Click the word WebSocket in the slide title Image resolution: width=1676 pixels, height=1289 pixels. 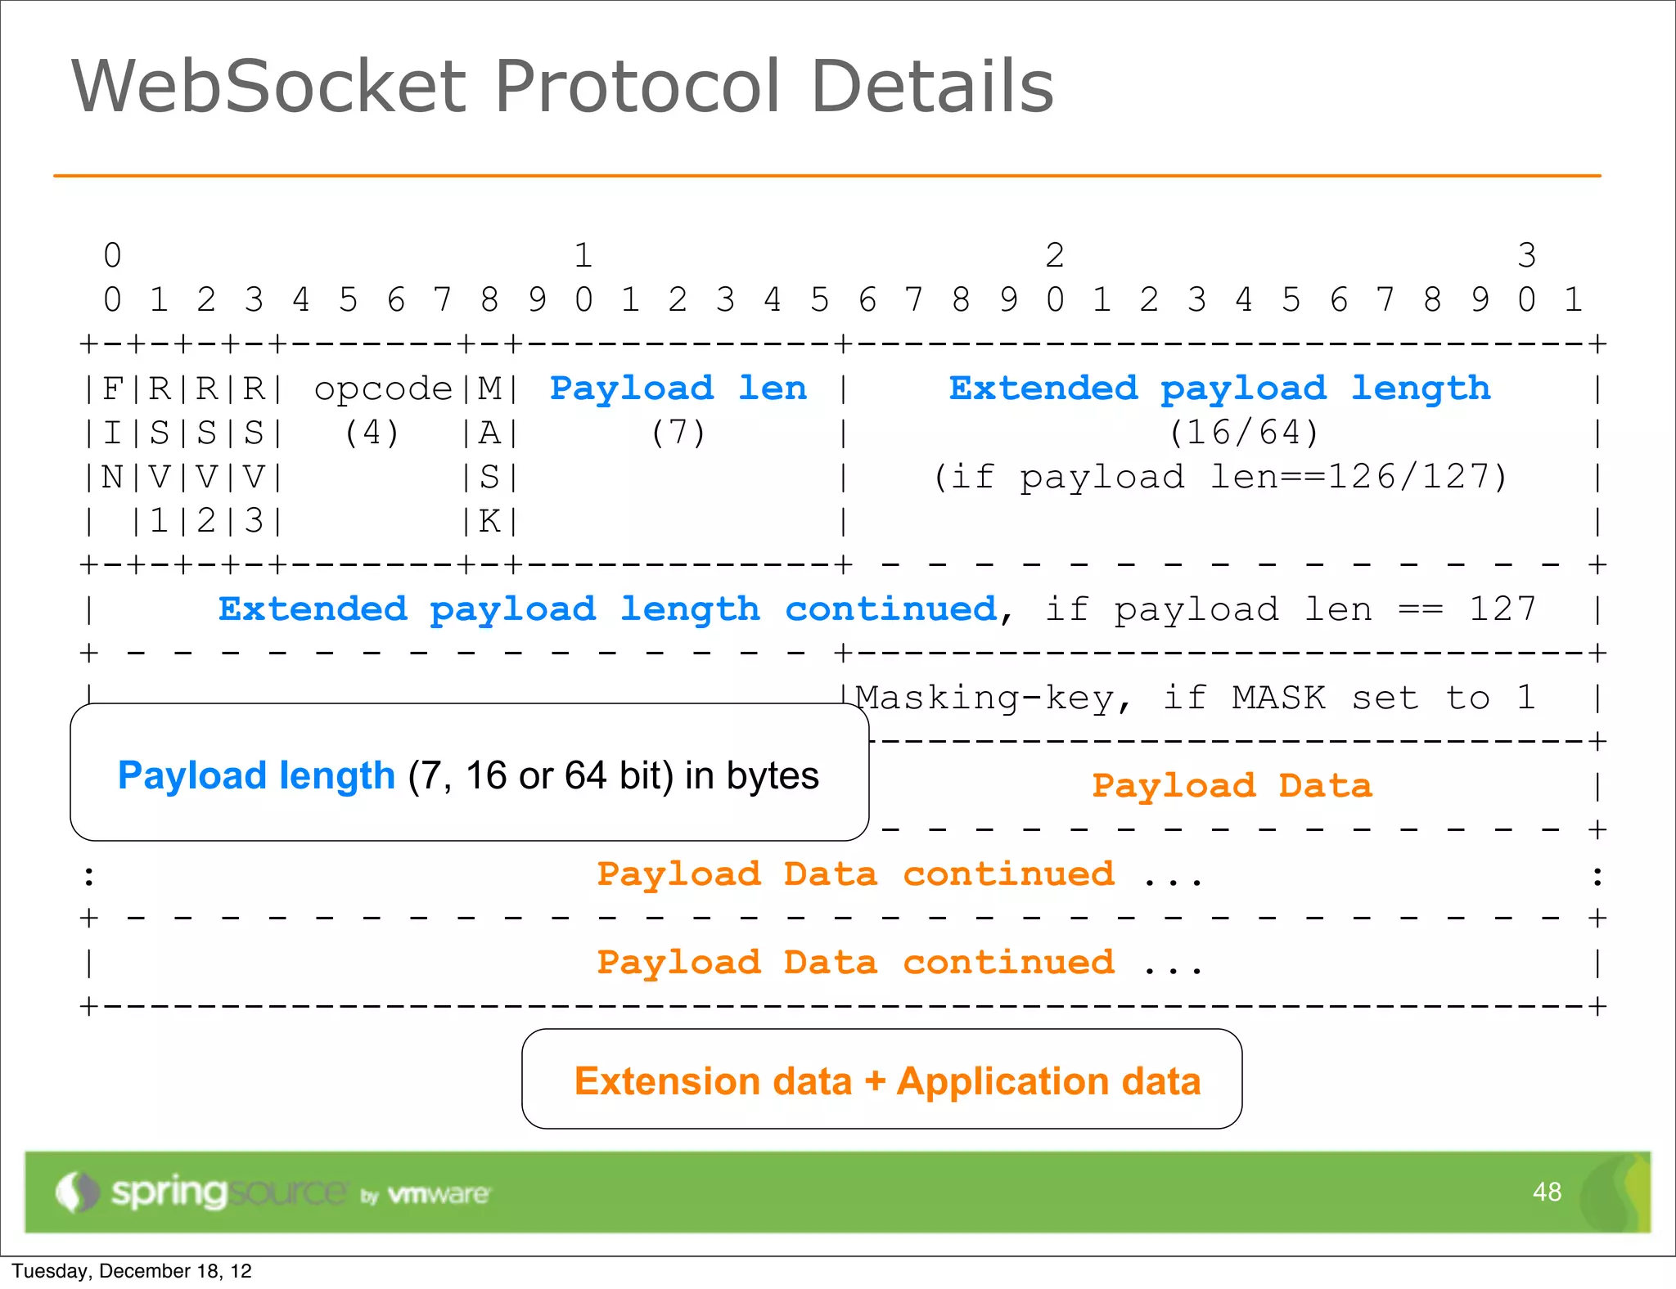click(x=270, y=86)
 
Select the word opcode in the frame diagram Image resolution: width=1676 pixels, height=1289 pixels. click(x=383, y=388)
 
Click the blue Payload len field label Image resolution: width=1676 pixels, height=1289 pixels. click(x=678, y=388)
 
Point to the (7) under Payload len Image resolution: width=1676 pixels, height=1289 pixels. click(x=678, y=433)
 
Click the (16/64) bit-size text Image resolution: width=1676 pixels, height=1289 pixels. click(x=1244, y=433)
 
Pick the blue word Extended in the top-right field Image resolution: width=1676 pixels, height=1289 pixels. click(x=1043, y=388)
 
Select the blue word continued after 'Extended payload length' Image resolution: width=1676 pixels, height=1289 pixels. click(x=890, y=609)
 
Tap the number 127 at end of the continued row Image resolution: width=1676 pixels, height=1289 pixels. click(x=1503, y=609)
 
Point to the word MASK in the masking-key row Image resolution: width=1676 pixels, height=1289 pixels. click(x=1278, y=698)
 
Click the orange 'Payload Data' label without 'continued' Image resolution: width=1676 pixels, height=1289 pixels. click(x=1232, y=786)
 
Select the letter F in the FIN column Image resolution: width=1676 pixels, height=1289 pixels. click(x=112, y=388)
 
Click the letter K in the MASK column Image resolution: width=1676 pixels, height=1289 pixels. click(x=489, y=521)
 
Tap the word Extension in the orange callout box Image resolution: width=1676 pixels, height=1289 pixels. click(x=714, y=1081)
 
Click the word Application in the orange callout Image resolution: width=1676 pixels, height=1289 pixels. click(x=1002, y=1081)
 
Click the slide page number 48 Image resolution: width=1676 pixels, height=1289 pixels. click(x=1547, y=1192)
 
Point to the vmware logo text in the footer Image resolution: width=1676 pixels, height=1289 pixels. click(x=439, y=1194)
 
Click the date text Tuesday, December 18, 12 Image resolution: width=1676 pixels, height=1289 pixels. click(x=132, y=1271)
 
